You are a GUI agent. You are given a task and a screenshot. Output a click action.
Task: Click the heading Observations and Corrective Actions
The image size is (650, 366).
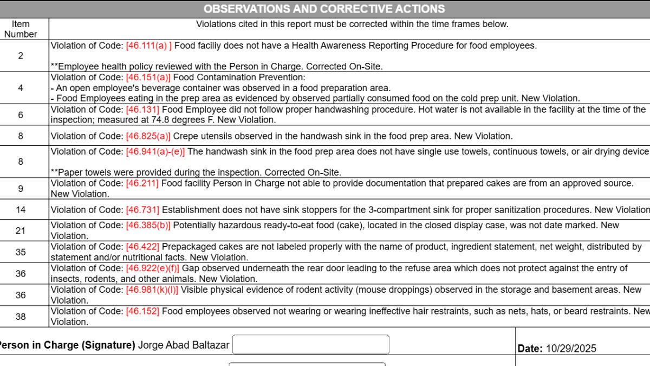(324, 9)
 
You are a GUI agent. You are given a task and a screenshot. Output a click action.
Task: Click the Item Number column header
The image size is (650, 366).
(21, 29)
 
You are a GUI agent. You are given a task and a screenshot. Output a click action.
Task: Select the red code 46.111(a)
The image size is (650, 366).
(149, 46)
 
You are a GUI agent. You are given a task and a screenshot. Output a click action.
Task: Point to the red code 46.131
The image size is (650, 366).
(142, 110)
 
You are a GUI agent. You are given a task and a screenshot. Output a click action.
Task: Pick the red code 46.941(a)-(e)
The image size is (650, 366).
(155, 152)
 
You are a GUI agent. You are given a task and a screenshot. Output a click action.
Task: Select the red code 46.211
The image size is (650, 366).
(142, 183)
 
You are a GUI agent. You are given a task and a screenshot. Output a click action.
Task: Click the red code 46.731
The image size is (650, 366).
(142, 210)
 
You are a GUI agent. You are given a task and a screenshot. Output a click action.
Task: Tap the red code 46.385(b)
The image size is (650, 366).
(148, 225)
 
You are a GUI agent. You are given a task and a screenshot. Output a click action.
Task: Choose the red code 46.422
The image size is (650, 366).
(142, 247)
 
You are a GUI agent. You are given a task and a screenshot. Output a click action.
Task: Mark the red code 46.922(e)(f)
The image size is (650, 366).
(152, 268)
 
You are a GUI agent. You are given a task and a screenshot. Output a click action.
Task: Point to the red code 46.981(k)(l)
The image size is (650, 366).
(152, 290)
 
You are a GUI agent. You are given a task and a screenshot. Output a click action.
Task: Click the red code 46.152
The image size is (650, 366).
(142, 311)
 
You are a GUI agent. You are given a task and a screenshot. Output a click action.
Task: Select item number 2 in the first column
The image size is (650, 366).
(21, 56)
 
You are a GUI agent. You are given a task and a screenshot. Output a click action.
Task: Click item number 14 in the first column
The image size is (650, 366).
(21, 210)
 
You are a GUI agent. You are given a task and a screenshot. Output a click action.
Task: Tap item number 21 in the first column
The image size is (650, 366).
(21, 230)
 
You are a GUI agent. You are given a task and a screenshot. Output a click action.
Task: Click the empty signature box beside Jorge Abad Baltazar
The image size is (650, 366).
(310, 345)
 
